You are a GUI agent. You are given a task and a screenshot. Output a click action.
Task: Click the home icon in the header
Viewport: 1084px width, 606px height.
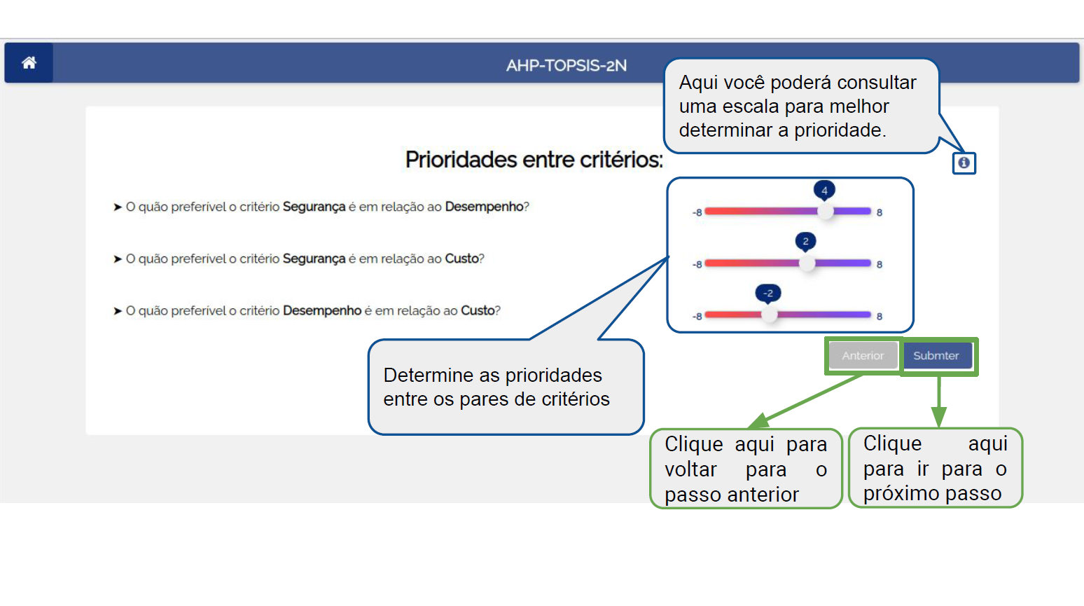click(29, 63)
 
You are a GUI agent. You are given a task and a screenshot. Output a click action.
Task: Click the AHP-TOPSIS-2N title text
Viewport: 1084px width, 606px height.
click(567, 65)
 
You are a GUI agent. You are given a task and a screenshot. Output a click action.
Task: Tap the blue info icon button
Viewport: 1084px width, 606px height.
click(964, 163)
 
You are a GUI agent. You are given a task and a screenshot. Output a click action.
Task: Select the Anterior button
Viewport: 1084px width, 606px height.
click(863, 356)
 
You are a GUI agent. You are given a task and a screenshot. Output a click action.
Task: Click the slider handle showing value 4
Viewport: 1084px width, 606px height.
click(825, 212)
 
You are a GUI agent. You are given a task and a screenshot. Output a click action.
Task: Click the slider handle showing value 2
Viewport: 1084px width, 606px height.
click(807, 263)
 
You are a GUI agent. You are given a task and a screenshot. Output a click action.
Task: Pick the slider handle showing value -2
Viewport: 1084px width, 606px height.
click(769, 315)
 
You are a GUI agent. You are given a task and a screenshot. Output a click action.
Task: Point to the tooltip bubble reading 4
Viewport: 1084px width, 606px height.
click(824, 191)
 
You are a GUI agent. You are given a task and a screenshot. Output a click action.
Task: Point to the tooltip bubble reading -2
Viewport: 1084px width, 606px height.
click(768, 294)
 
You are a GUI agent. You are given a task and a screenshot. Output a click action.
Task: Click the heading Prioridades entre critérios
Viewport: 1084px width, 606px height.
click(534, 160)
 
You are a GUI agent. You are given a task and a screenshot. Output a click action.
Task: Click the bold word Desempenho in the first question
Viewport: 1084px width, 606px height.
click(484, 207)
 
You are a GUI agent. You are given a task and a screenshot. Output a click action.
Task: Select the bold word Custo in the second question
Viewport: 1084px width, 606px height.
click(461, 259)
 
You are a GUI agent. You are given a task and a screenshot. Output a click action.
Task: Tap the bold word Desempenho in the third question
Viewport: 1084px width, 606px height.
click(322, 311)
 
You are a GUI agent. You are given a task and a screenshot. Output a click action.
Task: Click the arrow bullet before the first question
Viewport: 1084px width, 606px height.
click(117, 207)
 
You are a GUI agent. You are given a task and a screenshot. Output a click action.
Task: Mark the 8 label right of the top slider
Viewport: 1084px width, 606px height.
click(880, 212)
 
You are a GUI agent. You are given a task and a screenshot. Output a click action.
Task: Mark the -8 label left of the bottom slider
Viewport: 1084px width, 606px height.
click(697, 317)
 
